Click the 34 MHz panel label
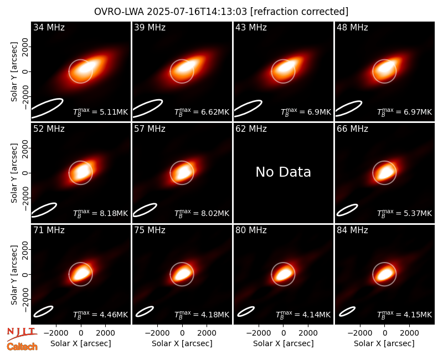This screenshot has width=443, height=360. [x=49, y=27]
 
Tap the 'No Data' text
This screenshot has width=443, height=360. [x=283, y=172]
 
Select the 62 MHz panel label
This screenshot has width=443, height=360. [x=251, y=129]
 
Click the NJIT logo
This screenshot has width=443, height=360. [x=22, y=334]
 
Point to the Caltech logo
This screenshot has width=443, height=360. [x=22, y=347]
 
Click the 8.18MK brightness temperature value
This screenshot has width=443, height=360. [x=100, y=213]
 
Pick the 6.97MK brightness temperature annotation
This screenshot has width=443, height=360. [x=404, y=112]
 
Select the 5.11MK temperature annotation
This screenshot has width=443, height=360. [x=100, y=112]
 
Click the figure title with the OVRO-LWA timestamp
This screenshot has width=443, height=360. [x=221, y=12]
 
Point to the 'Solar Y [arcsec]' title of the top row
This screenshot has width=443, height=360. [x=14, y=72]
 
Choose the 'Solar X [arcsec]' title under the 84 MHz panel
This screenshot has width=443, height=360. [x=384, y=343]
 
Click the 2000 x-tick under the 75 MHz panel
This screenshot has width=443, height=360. [x=207, y=333]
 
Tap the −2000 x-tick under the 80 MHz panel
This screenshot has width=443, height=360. [x=259, y=333]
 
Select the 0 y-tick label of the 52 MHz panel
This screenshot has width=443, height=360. [x=25, y=173]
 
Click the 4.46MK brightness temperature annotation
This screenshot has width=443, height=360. [x=100, y=314]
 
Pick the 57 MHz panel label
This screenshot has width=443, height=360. [x=150, y=129]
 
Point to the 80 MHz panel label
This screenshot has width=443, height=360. [x=251, y=230]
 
